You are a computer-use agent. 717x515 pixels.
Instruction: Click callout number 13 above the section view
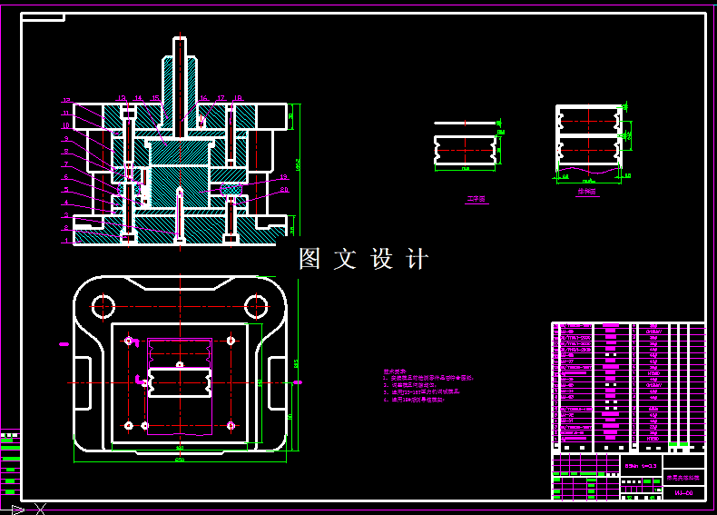[x=121, y=97]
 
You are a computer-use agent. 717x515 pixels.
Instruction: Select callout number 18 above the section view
[x=238, y=97]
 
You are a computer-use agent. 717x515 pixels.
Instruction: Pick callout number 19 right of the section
[x=284, y=176]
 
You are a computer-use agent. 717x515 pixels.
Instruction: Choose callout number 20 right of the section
[x=284, y=190]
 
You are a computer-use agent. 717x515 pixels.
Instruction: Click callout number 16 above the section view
[x=203, y=97]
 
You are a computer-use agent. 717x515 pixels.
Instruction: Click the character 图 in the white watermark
[x=310, y=259]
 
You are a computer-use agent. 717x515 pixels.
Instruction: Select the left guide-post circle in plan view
[x=103, y=306]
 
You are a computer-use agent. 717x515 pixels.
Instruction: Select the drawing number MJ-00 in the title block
[x=683, y=493]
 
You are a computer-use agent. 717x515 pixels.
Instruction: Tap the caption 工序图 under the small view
[x=476, y=198]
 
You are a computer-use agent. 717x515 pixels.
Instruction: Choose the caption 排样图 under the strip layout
[x=586, y=192]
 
